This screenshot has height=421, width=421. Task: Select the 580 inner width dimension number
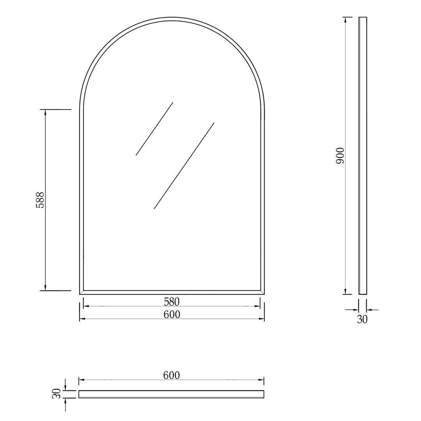(x=172, y=301)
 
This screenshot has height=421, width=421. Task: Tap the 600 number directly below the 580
(x=172, y=314)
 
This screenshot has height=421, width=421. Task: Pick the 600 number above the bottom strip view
(x=172, y=375)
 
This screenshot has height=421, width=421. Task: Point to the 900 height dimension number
(x=340, y=156)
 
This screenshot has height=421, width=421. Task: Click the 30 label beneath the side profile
(x=363, y=319)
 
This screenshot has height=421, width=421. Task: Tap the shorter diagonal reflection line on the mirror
(x=154, y=129)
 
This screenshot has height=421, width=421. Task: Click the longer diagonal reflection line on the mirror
(x=184, y=166)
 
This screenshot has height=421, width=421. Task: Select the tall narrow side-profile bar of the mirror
(x=363, y=156)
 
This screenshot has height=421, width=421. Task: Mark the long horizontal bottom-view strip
(x=172, y=394)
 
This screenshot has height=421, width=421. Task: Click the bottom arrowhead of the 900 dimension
(x=345, y=292)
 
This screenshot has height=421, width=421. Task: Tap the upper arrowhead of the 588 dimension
(x=46, y=112)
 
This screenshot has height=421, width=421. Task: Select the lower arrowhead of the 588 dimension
(x=46, y=288)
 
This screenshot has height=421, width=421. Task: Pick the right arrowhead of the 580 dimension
(x=258, y=306)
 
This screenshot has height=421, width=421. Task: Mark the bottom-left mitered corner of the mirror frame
(x=81, y=292)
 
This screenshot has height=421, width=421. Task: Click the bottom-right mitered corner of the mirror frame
(x=262, y=292)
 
